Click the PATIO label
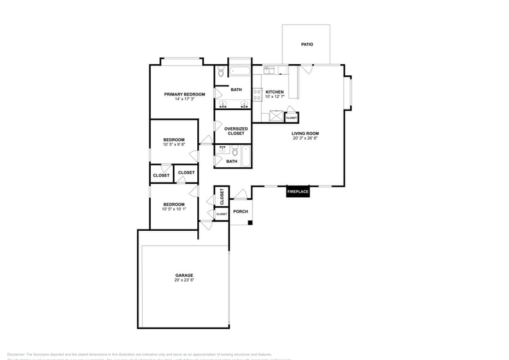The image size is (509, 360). (307, 45)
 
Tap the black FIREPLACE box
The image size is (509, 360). (298, 192)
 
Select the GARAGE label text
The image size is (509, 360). (184, 276)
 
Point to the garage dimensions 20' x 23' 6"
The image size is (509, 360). (184, 281)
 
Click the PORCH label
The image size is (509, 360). (241, 212)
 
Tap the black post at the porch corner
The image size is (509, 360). (250, 222)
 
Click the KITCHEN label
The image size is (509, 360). (274, 92)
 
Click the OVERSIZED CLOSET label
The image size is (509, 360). (236, 131)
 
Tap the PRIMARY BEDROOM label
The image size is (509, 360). (184, 94)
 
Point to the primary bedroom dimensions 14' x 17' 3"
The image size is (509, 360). (184, 99)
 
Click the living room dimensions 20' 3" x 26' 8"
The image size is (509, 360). (305, 138)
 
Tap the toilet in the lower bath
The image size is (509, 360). (234, 149)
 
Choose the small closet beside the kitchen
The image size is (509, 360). (292, 117)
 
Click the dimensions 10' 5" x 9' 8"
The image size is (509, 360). (174, 145)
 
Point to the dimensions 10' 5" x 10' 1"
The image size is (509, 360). (174, 209)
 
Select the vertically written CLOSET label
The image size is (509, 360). (222, 196)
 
